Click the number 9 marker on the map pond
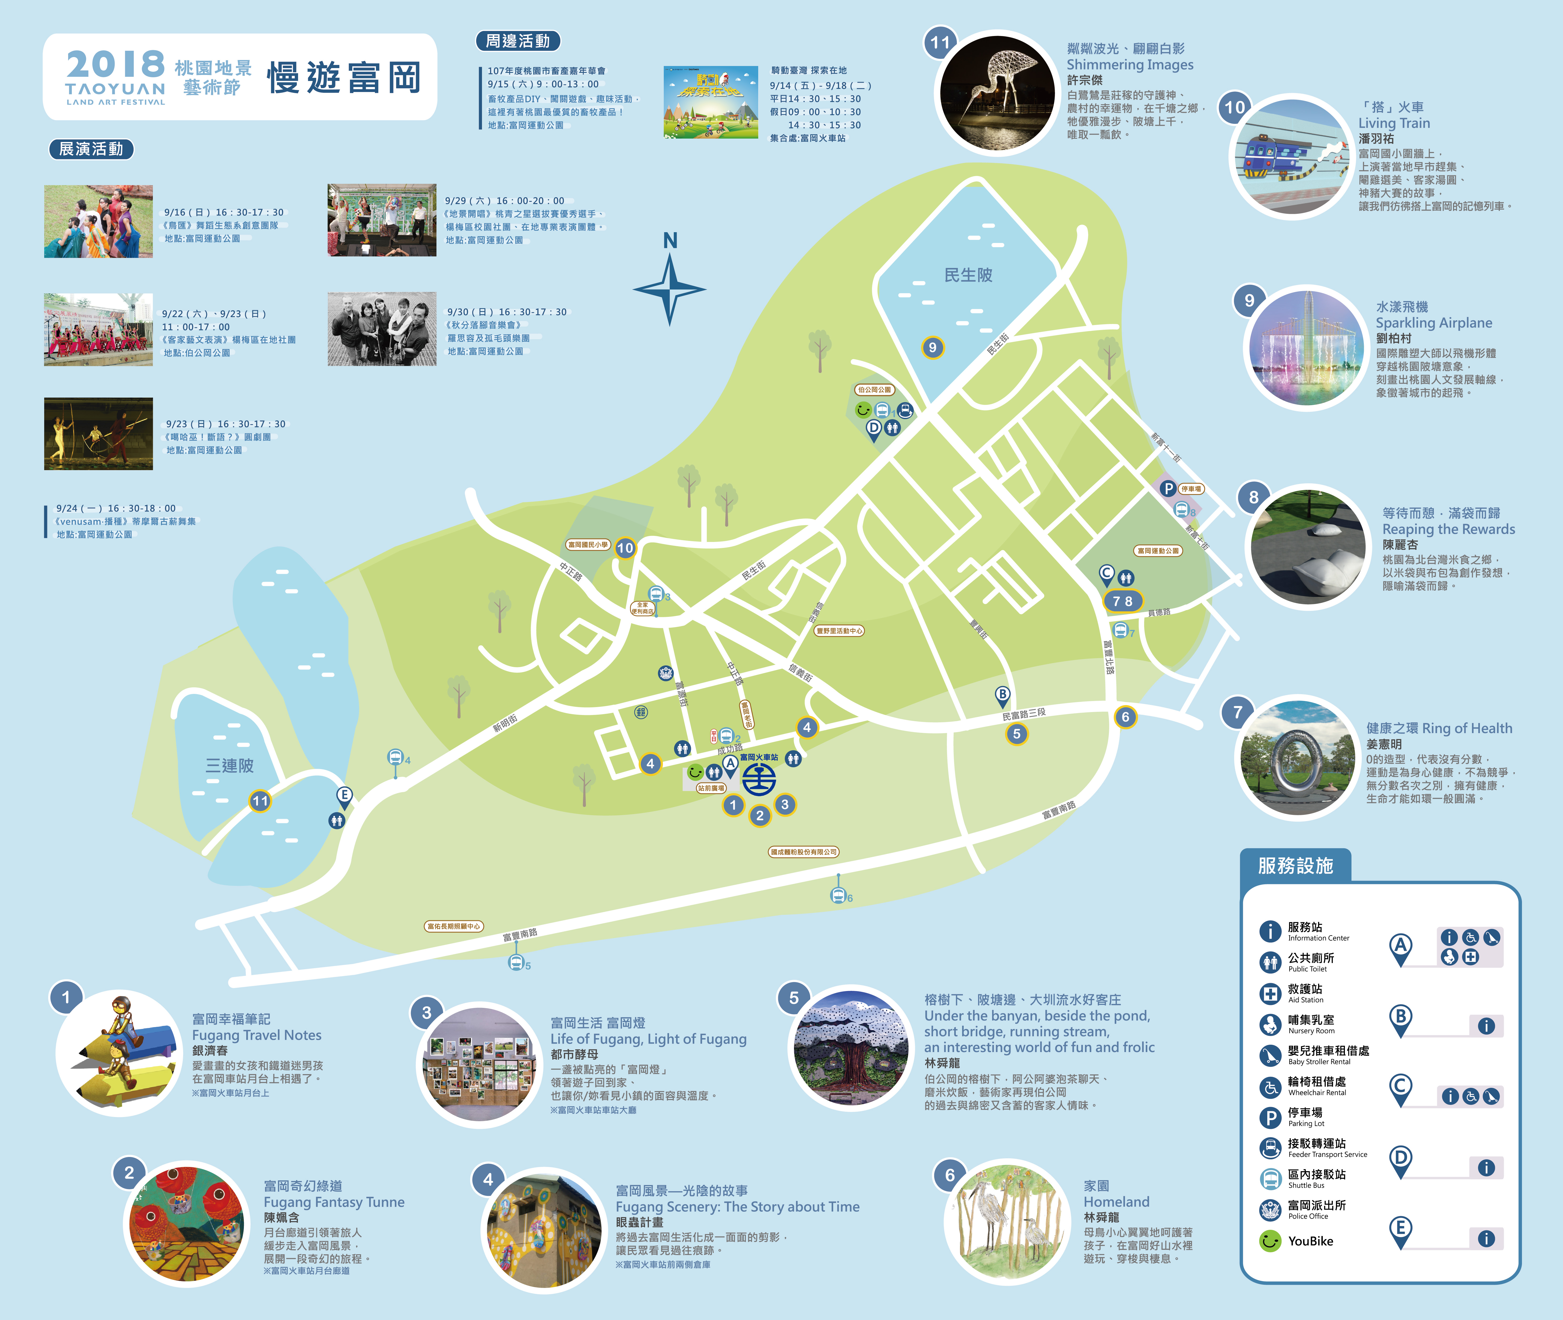click(x=932, y=347)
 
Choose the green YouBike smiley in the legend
click(x=1270, y=1241)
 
